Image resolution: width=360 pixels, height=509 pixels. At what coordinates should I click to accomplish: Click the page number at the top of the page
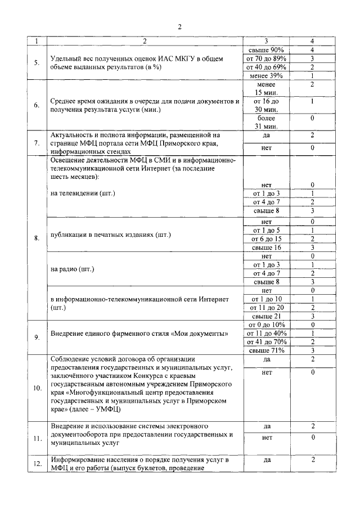pyautogui.click(x=180, y=26)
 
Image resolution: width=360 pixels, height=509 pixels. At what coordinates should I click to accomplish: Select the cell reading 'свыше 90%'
pyautogui.click(x=266, y=49)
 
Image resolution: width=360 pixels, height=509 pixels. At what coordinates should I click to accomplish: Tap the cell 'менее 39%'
pyautogui.click(x=266, y=75)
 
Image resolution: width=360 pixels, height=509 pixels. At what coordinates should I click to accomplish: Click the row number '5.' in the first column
pyautogui.click(x=37, y=62)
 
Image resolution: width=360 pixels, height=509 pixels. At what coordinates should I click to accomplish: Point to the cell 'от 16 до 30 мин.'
pyautogui.click(x=266, y=105)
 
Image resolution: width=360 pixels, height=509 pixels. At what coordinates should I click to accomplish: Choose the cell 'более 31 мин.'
pyautogui.click(x=266, y=123)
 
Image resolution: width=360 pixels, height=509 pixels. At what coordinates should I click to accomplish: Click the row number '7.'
pyautogui.click(x=37, y=143)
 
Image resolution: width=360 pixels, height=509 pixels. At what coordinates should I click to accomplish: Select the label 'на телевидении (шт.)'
pyautogui.click(x=83, y=193)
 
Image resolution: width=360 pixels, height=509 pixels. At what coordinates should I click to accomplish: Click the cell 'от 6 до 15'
pyautogui.click(x=266, y=238)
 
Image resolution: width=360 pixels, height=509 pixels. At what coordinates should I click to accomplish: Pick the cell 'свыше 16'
pyautogui.click(x=266, y=247)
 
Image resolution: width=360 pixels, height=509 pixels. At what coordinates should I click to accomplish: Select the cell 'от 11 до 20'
pyautogui.click(x=266, y=308)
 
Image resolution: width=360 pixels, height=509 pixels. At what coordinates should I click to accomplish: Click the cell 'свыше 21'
pyautogui.click(x=266, y=316)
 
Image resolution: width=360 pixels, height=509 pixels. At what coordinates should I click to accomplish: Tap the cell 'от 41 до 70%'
pyautogui.click(x=266, y=341)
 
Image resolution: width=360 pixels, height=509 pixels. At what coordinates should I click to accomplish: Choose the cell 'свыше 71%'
pyautogui.click(x=266, y=350)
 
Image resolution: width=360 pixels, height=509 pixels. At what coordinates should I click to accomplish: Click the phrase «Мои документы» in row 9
pyautogui.click(x=202, y=334)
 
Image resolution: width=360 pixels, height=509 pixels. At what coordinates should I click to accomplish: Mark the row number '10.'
pyautogui.click(x=37, y=388)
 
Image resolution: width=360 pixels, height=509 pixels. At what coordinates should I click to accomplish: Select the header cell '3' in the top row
pyautogui.click(x=266, y=41)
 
